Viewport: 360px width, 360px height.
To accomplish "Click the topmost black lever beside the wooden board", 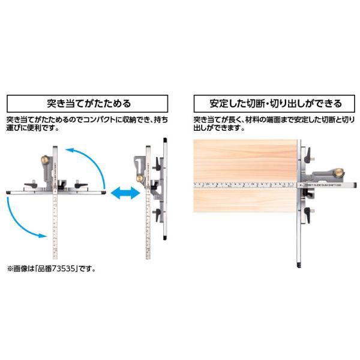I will click(x=307, y=157).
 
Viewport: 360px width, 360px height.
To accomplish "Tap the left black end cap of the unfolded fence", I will click(x=7, y=193).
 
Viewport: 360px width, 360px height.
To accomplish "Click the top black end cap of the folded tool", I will click(x=164, y=140).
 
